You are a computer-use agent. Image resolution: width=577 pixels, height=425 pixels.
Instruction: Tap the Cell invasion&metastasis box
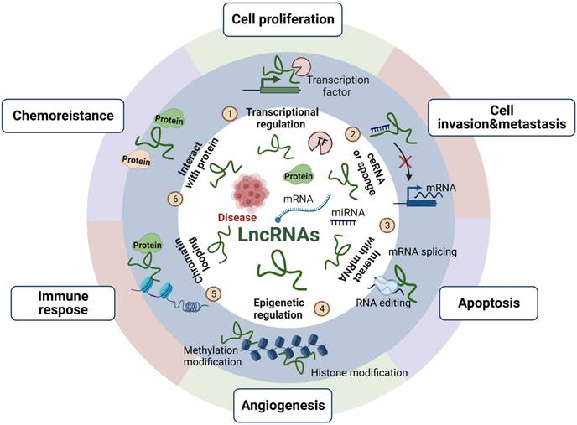pos(496,117)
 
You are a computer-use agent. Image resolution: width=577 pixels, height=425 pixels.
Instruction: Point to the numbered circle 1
pos(226,112)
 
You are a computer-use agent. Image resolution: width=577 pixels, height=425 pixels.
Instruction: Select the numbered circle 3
pos(387,225)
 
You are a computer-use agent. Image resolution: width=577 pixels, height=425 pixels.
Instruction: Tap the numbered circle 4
pos(322,308)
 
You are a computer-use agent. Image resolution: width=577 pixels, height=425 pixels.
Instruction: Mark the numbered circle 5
pos(215,293)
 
